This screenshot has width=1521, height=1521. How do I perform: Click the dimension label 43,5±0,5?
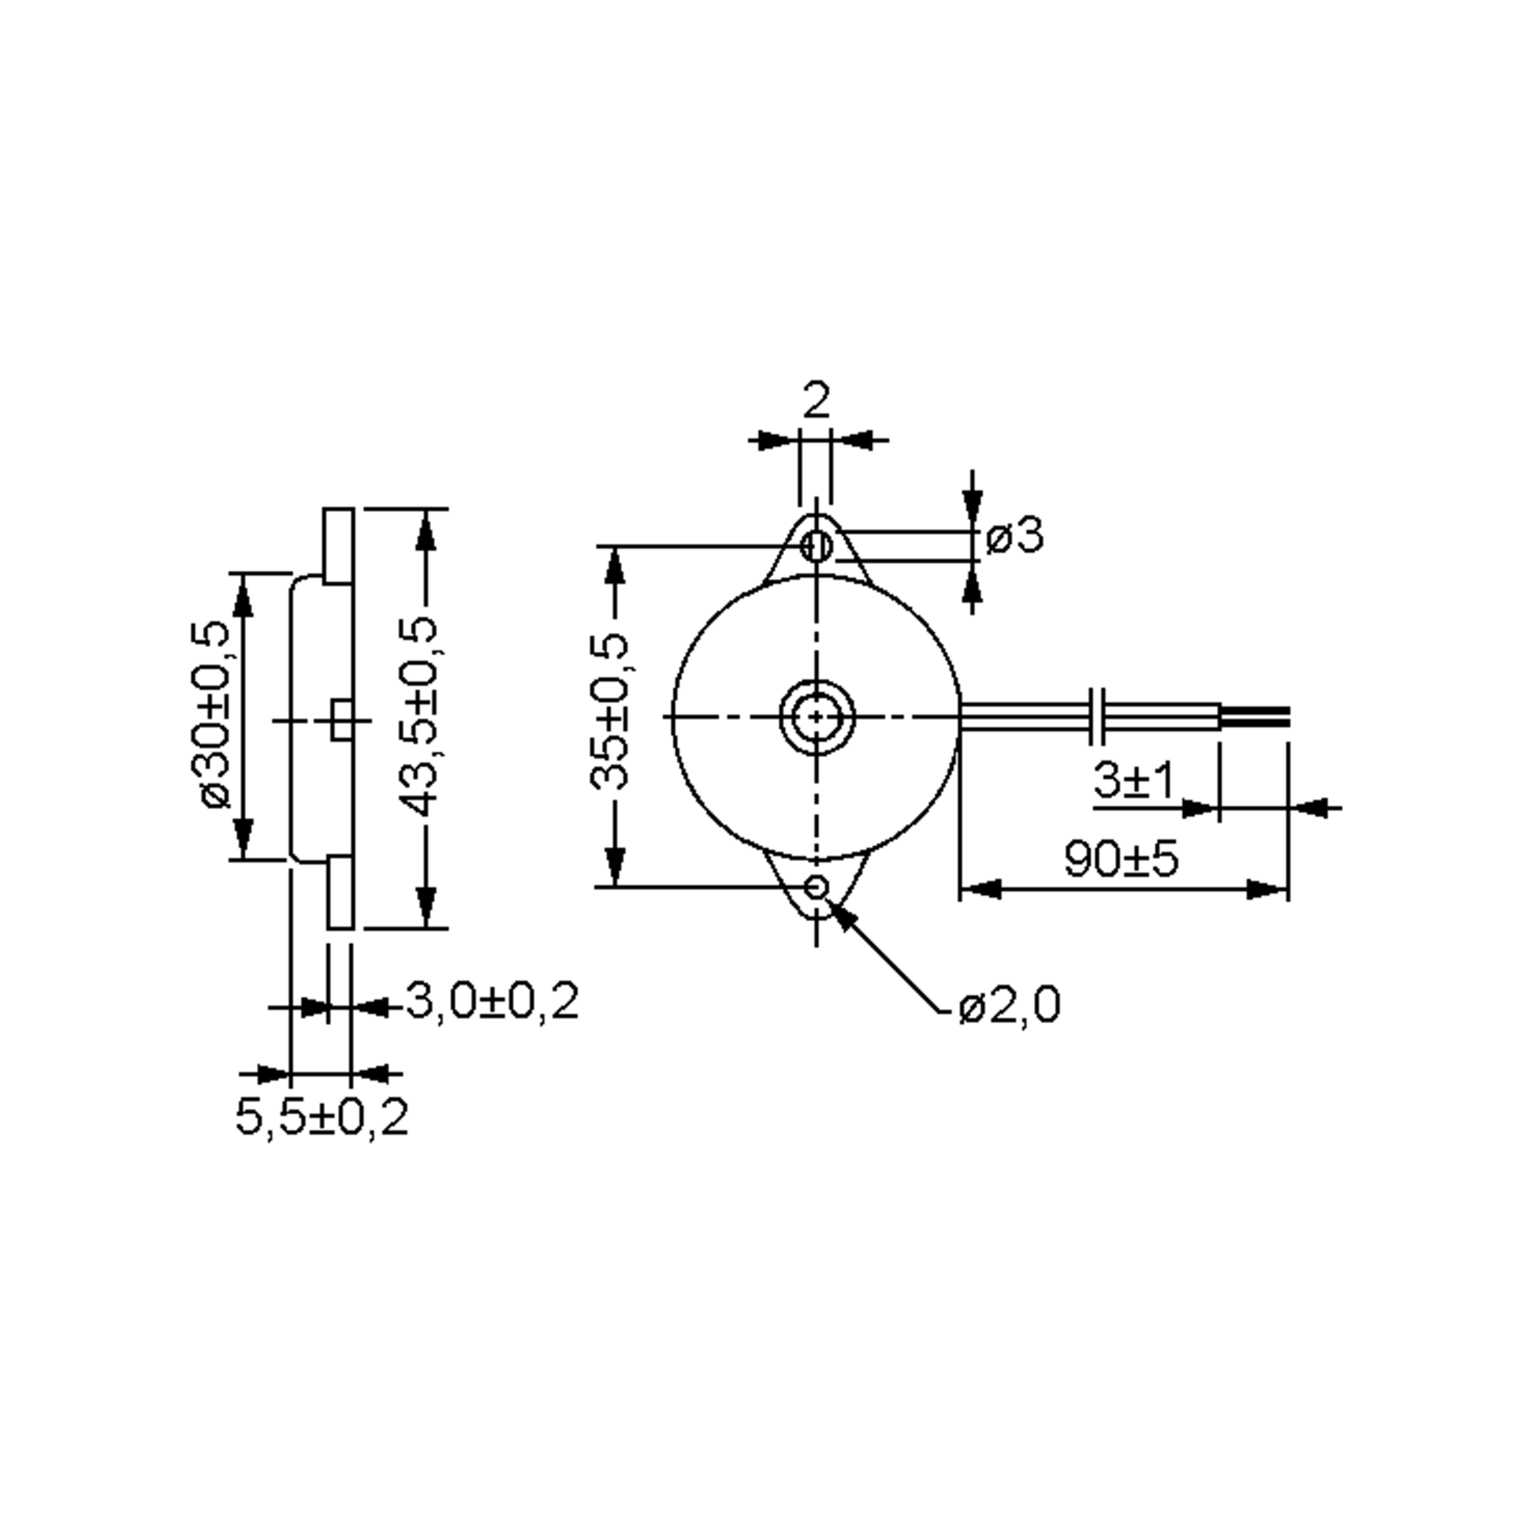(x=416, y=716)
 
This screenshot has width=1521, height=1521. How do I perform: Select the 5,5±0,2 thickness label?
(x=322, y=1116)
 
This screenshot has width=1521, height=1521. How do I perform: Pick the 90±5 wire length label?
(x=1121, y=859)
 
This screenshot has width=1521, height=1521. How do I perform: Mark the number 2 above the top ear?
(x=816, y=401)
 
